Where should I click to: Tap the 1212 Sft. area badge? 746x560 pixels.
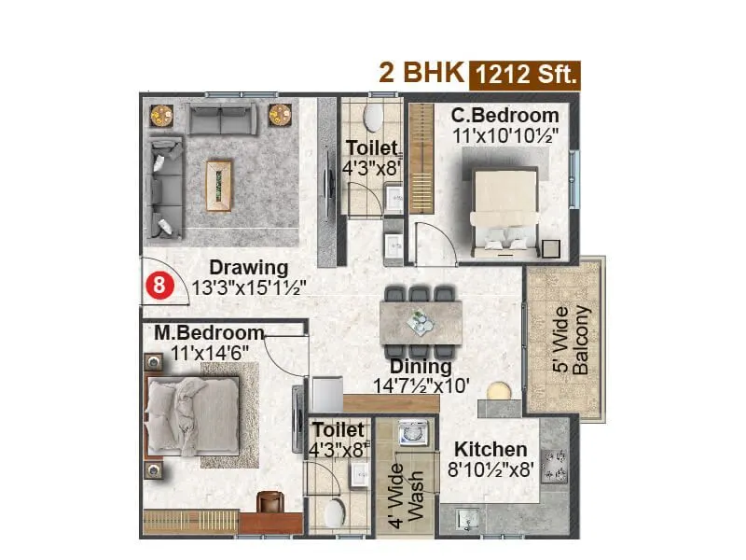click(x=525, y=74)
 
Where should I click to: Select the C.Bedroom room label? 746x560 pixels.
click(x=505, y=116)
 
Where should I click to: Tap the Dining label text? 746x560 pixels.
click(x=421, y=366)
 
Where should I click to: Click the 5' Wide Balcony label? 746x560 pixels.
click(x=571, y=341)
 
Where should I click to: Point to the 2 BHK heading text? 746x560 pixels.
click(x=420, y=73)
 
